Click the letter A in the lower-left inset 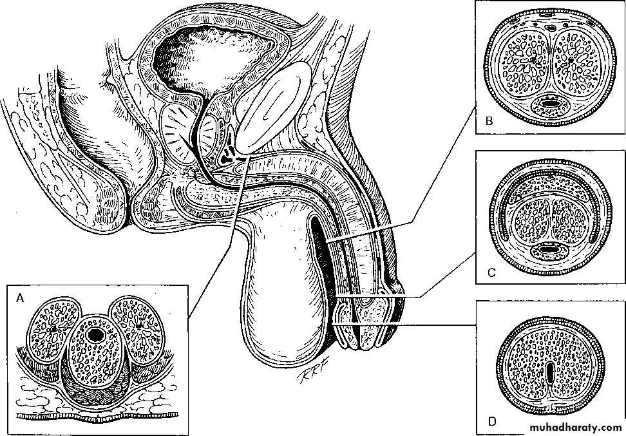click(20, 298)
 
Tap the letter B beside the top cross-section click(489, 120)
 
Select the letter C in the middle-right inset click(491, 273)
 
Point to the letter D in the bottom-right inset click(491, 422)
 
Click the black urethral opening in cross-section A click(97, 335)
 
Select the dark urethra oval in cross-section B click(549, 102)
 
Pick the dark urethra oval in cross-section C click(549, 249)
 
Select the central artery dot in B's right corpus click(571, 61)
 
